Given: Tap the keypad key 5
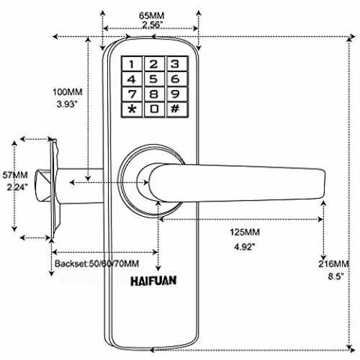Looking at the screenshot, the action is [153, 79].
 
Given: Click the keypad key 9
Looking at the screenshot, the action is [176, 94].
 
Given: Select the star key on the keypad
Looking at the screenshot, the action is [132, 109].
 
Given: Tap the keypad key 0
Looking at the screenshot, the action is [154, 109].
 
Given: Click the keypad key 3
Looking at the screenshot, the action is [176, 64].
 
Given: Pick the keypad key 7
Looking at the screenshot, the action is [132, 94].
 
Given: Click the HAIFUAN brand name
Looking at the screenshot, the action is [153, 281].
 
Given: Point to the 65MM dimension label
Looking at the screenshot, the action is [152, 16].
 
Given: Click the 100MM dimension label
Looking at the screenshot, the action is [68, 92].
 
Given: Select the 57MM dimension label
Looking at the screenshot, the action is [15, 175].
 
